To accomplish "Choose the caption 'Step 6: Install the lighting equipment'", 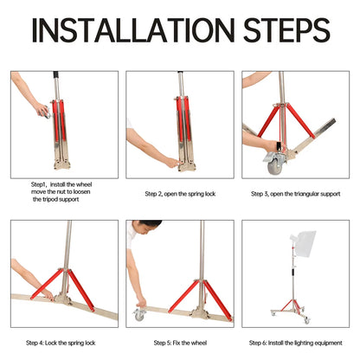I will point(295,342).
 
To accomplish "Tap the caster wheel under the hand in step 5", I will point(139,314).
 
